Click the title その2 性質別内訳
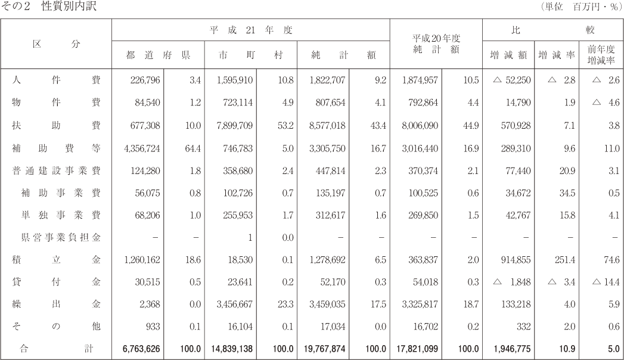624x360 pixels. click(48, 6)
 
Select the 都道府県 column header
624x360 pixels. click(158, 55)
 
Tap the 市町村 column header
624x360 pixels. click(251, 55)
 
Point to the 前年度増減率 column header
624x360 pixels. click(601, 55)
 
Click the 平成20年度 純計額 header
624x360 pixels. click(436, 44)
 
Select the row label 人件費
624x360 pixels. click(56, 80)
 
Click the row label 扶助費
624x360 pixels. click(56, 125)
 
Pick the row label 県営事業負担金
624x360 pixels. click(60, 237)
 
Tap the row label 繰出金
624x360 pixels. click(56, 305)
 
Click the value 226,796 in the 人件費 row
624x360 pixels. click(145, 80)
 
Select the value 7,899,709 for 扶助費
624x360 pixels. click(235, 126)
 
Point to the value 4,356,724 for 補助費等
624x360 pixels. click(142, 148)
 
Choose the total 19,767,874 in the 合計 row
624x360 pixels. click(325, 349)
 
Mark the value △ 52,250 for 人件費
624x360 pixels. click(512, 80)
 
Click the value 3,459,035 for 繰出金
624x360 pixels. click(328, 305)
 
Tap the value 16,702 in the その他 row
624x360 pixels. click(426, 327)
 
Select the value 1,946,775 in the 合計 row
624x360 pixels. click(512, 349)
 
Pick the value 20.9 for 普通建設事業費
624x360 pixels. click(567, 170)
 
